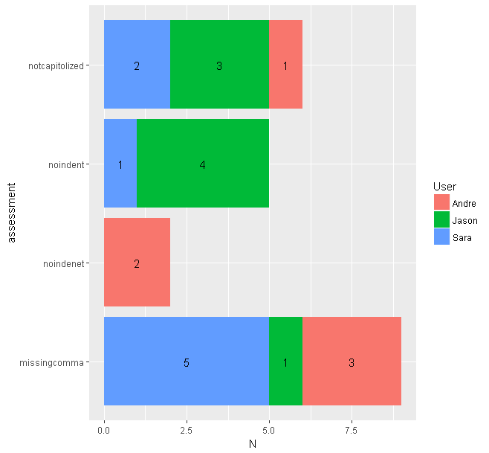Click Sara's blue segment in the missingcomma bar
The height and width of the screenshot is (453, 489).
tap(186, 362)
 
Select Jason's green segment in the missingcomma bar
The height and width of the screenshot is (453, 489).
tap(285, 362)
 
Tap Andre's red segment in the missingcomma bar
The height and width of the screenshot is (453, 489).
tap(352, 362)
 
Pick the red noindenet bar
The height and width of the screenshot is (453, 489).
tap(137, 263)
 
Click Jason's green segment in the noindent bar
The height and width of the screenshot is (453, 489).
tap(202, 164)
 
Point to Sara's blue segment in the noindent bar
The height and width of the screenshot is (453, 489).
tap(120, 164)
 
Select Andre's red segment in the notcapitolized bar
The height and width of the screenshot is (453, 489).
tap(285, 65)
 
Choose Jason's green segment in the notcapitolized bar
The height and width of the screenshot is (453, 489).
tap(219, 65)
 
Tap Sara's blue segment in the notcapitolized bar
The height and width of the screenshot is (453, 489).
tap(137, 65)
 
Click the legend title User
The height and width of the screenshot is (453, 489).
tap(444, 186)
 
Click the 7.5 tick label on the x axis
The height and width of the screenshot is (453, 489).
tap(352, 429)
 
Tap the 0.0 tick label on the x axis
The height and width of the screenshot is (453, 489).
tap(104, 429)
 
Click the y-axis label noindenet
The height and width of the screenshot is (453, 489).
tap(64, 263)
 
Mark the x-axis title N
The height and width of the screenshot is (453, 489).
tap(252, 444)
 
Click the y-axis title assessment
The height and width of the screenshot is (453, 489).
tap(10, 213)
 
